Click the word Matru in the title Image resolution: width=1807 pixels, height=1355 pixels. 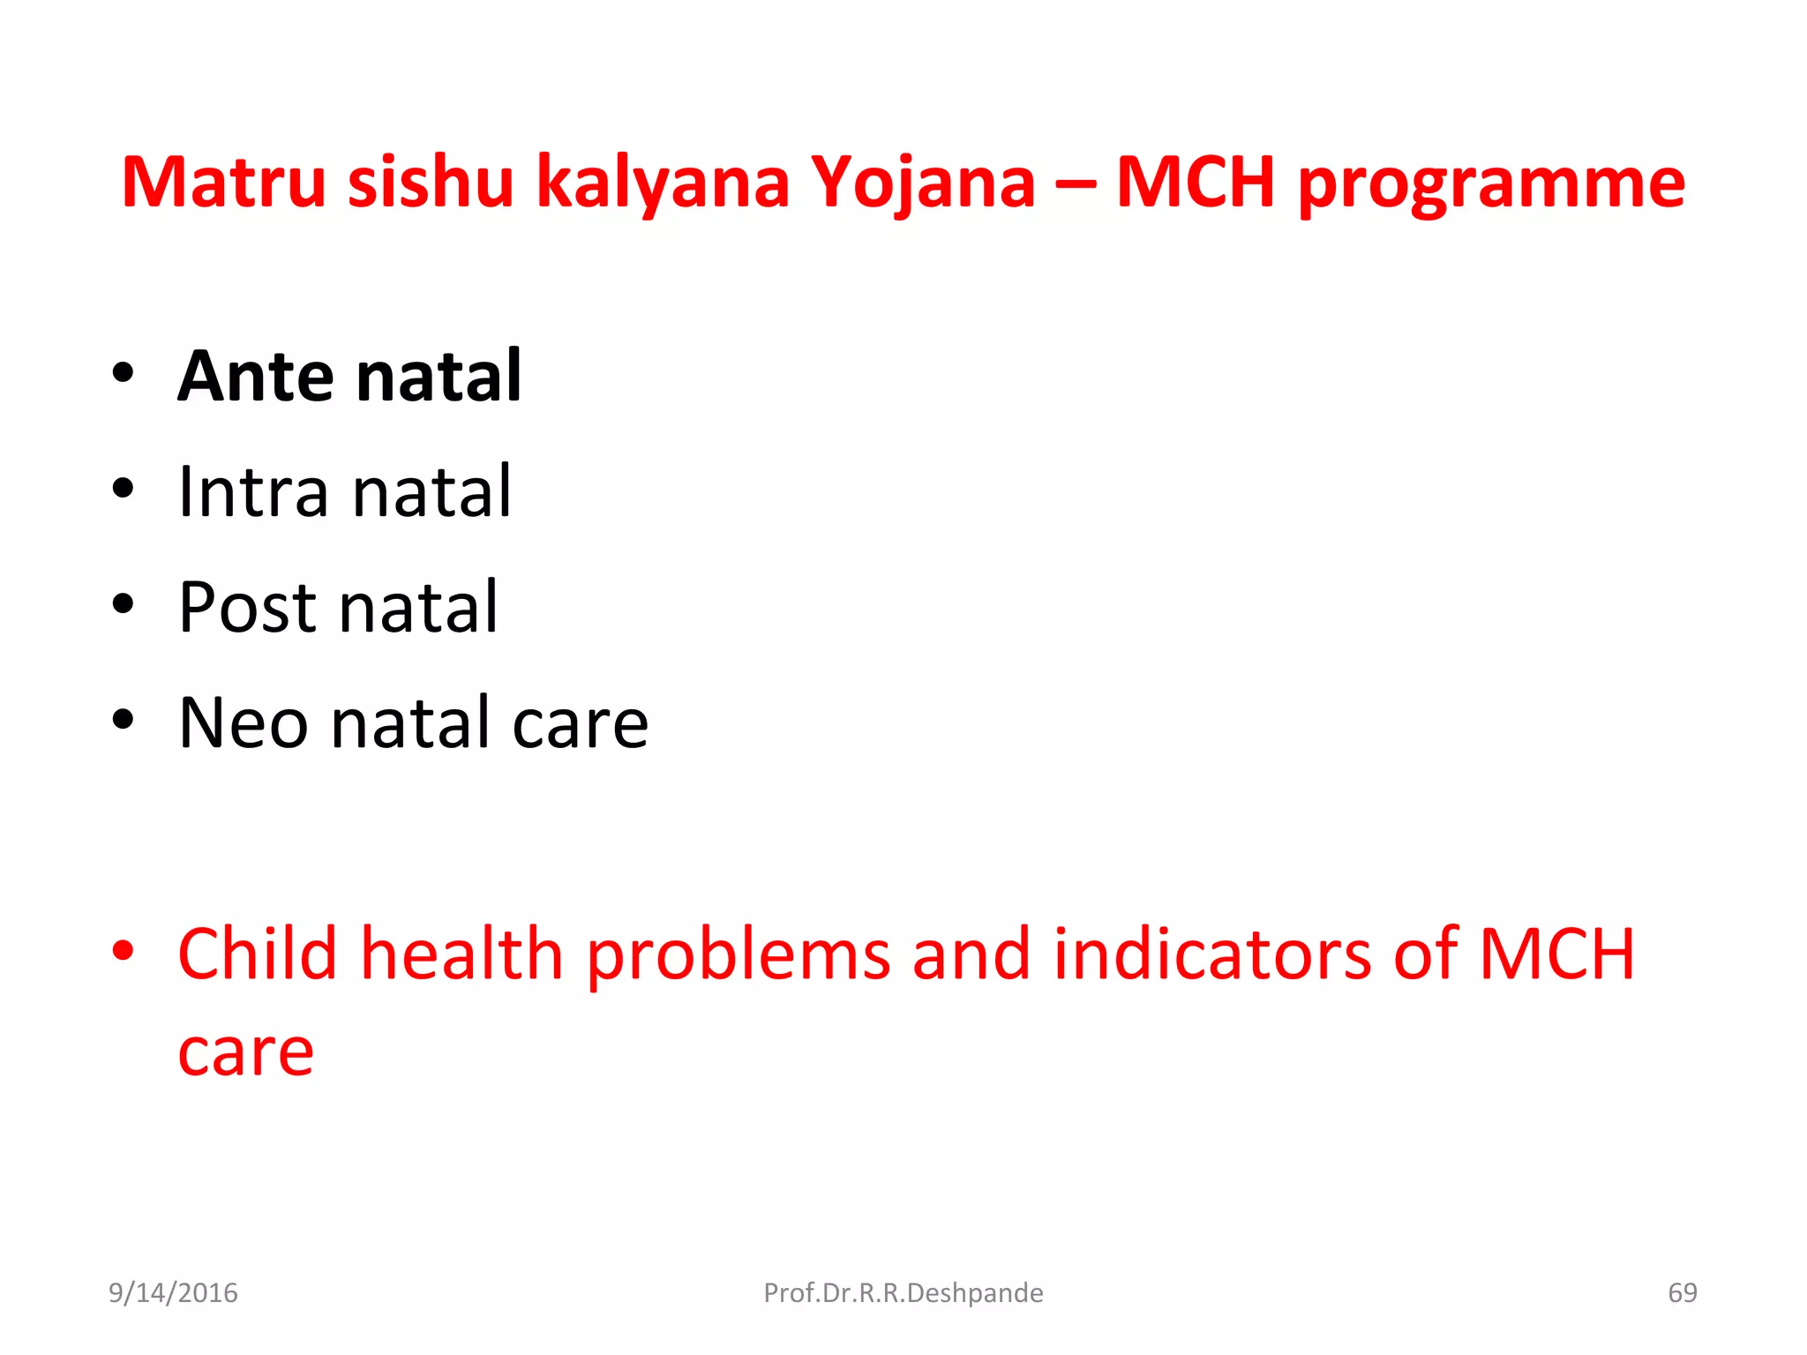coord(224,183)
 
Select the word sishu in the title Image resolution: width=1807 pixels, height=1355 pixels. coord(431,183)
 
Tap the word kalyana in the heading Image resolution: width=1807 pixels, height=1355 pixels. coord(663,183)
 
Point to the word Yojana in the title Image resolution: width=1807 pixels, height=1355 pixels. coord(923,183)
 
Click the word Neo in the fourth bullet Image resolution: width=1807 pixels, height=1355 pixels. coord(244,723)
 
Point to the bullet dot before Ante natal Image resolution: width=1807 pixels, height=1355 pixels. coord(124,372)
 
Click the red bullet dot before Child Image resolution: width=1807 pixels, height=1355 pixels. coord(124,951)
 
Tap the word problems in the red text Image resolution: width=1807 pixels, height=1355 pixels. coord(738,956)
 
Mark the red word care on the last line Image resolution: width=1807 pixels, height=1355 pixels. coord(245,1053)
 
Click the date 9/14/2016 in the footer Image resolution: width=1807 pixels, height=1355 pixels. coord(173,1292)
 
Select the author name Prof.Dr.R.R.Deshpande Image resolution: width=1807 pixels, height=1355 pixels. coord(903,1292)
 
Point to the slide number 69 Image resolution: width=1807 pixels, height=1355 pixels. coord(1682,1292)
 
